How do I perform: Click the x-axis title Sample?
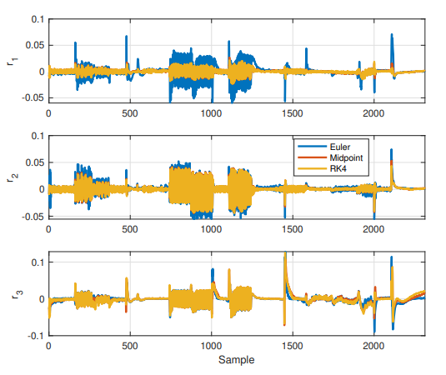(x=237, y=361)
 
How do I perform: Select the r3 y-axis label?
(x=10, y=294)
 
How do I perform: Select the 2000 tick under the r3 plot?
(x=374, y=346)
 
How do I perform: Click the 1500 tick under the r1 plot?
(x=293, y=112)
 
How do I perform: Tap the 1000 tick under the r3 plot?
(x=211, y=346)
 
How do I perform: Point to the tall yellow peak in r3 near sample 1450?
(x=285, y=255)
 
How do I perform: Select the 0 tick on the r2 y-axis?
(x=40, y=189)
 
